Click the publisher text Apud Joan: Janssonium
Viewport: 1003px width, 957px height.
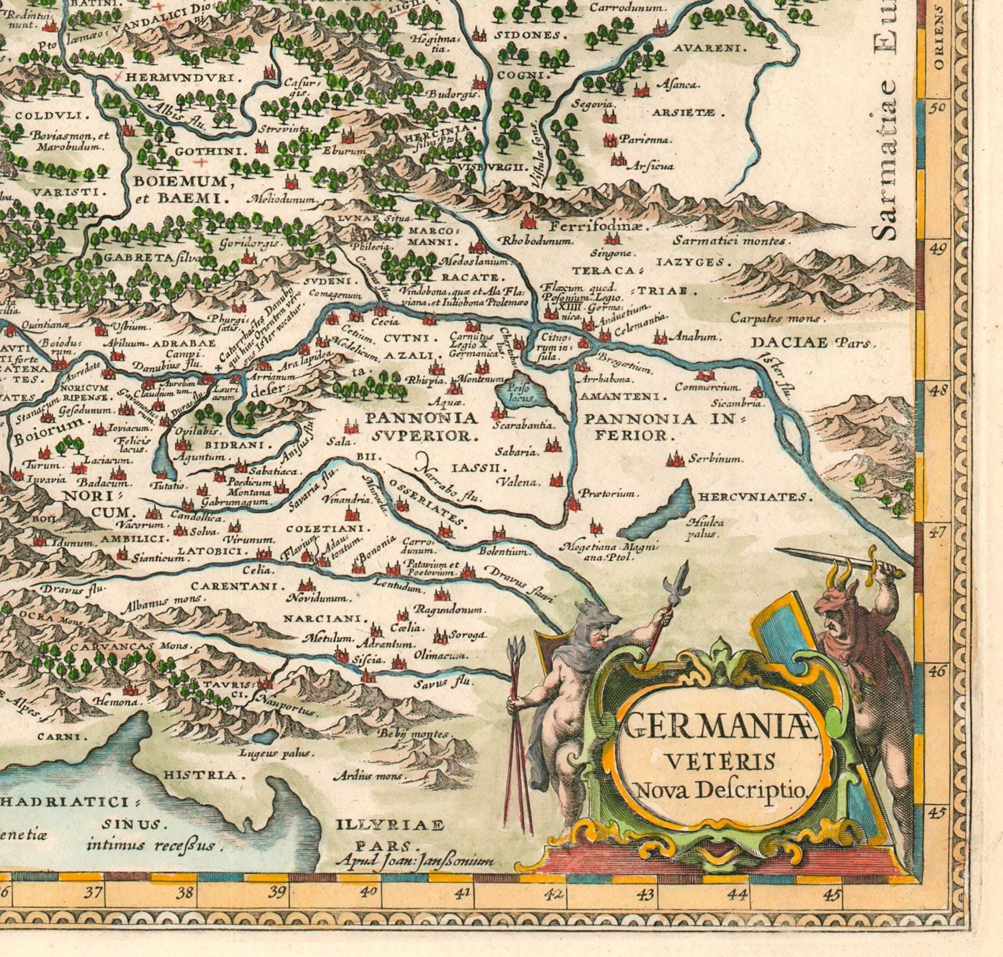pos(416,862)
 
